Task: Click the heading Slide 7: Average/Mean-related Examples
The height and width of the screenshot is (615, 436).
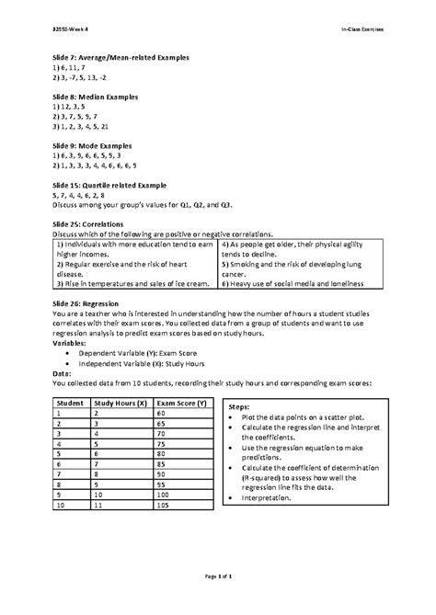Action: [x=120, y=57]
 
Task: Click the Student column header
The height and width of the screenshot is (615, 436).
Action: [x=70, y=404]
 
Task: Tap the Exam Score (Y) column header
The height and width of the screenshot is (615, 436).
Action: [x=181, y=404]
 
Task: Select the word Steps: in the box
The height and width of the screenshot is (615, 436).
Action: [x=238, y=405]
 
